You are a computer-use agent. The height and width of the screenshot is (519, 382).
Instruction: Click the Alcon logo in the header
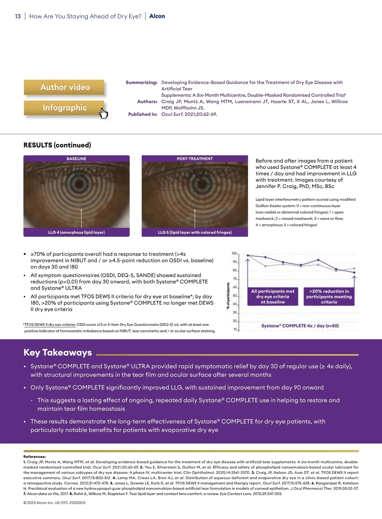point(157,16)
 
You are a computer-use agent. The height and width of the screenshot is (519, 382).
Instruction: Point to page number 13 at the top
point(18,16)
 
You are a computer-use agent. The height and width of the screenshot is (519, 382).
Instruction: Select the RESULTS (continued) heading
point(57,145)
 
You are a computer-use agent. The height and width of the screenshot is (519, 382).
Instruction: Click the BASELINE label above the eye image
point(76,158)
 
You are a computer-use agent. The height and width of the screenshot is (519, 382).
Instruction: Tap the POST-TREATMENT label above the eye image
point(195,158)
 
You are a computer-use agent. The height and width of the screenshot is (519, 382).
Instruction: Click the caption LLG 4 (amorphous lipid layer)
point(76,232)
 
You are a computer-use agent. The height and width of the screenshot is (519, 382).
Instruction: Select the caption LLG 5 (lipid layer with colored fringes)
point(195,232)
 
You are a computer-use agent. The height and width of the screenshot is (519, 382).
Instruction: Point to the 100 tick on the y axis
point(234,254)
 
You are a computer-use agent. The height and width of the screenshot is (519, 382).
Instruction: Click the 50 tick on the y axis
point(235,296)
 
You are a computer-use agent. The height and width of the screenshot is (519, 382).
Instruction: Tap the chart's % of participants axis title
point(228,296)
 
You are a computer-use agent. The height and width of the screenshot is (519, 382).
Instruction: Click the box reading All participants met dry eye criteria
point(273,297)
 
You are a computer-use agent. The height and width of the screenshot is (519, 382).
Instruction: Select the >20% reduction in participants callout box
point(329,297)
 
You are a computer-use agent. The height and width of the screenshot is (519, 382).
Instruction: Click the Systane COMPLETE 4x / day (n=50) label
point(300,326)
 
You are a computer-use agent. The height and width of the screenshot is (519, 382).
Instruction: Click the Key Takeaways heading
point(58,353)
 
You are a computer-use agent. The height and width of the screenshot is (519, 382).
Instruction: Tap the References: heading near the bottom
point(34,457)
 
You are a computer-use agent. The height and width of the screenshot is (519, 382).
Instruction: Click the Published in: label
point(143,114)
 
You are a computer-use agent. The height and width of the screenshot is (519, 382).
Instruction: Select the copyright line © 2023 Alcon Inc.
point(54,503)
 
